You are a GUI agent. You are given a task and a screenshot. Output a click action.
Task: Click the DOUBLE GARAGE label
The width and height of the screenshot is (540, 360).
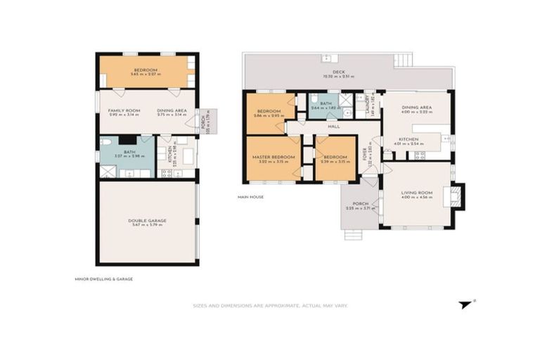click(147, 220)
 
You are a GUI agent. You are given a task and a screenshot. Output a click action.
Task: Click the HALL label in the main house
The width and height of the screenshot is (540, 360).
click(334, 127)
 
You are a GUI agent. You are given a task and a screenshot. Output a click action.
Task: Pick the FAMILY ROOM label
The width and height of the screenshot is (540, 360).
click(120, 110)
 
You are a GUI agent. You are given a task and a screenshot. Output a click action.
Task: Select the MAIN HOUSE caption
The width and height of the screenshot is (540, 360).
click(250, 197)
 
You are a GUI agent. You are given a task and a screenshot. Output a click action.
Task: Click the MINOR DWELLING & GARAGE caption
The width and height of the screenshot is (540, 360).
click(103, 278)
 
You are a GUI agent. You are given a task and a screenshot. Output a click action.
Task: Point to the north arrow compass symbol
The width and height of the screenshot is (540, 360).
click(465, 304)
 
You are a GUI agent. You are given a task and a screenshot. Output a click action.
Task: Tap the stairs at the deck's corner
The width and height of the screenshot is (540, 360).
click(402, 60)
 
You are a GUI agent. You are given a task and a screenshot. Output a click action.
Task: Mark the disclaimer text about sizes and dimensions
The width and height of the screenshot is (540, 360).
click(270, 306)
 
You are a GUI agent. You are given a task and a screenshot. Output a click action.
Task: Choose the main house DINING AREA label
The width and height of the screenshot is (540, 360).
click(416, 107)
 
